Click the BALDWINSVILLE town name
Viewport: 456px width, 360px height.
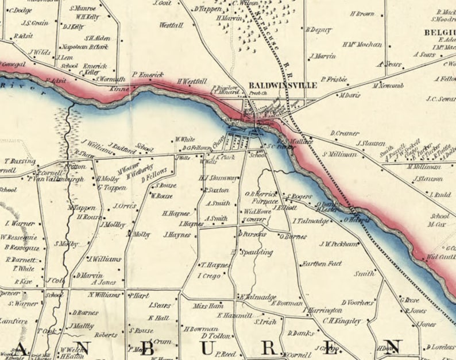tap(283, 85)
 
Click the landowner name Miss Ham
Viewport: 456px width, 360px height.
tap(208, 306)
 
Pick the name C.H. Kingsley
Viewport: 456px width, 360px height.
tap(342, 321)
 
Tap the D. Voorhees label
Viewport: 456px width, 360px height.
tap(358, 302)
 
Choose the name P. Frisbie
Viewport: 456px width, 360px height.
tap(334, 79)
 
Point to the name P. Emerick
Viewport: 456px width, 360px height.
tap(148, 74)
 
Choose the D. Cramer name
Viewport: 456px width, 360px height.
tap(344, 133)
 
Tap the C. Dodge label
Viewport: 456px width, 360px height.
tap(20, 10)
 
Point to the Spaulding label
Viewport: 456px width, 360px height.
tap(256, 252)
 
